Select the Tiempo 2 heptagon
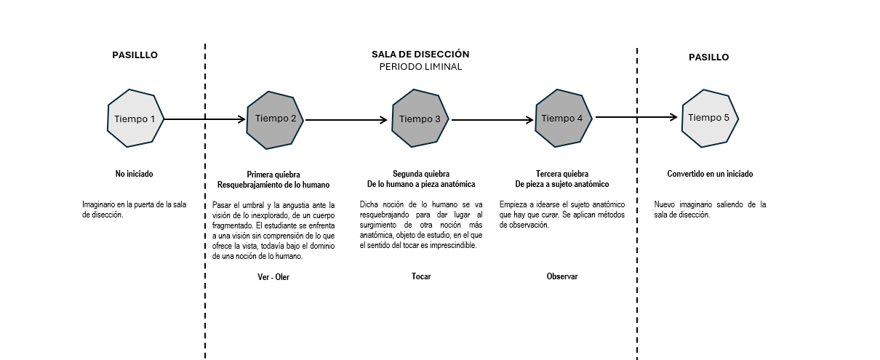point(276,119)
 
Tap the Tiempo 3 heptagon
point(420,119)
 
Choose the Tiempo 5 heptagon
point(709,118)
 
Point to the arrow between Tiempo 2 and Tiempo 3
point(346,119)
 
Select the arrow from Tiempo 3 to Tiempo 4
point(492,119)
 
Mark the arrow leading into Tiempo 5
point(636,117)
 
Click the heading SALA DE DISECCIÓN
point(420,55)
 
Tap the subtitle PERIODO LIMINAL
point(420,67)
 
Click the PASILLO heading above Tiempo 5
point(708,57)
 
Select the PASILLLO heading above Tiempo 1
point(135,55)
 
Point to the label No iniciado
point(135,175)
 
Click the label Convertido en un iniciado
point(710,175)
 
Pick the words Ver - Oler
point(273,277)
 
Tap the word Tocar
point(421,276)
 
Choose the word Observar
point(562,276)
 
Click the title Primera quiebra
point(273,175)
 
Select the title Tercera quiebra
point(562,174)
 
